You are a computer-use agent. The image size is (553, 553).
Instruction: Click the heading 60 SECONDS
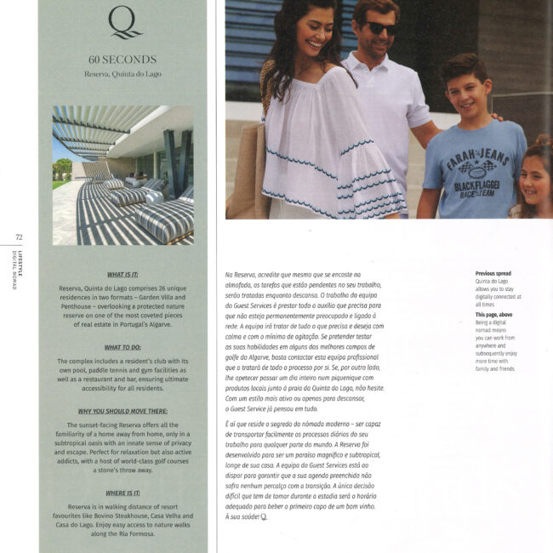point(123,60)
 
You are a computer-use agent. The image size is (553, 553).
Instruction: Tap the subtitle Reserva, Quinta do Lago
point(123,75)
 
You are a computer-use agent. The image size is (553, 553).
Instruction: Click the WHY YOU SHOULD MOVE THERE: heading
point(123,412)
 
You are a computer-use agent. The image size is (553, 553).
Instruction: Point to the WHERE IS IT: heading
point(123,493)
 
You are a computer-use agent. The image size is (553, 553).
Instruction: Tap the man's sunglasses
point(380,27)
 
